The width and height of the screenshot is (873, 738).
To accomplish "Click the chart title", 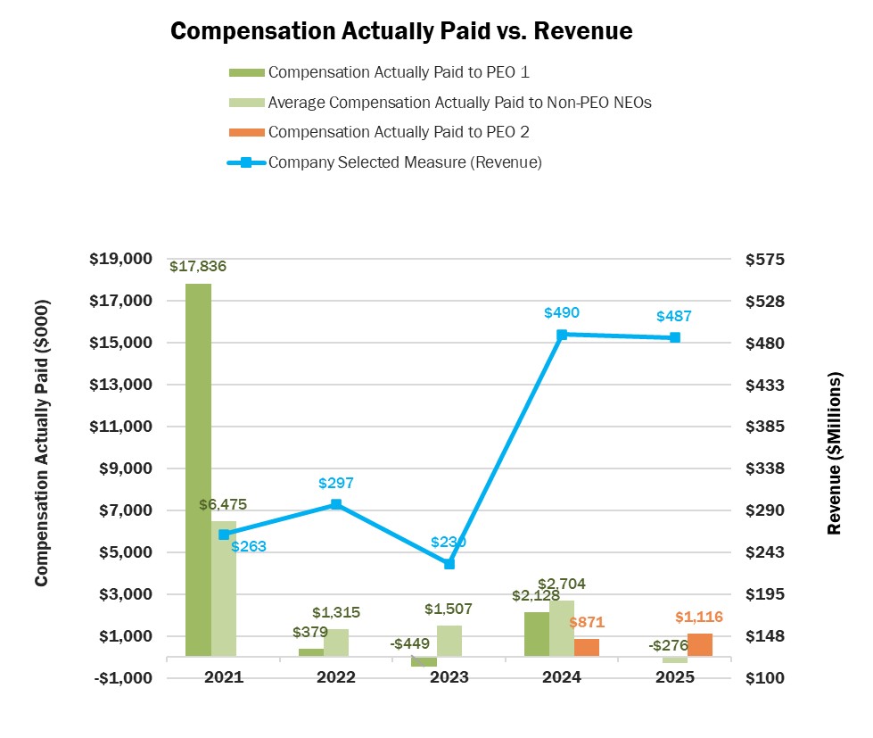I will pyautogui.click(x=400, y=31).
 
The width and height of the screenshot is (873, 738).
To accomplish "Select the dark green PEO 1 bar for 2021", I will pyautogui.click(x=198, y=469).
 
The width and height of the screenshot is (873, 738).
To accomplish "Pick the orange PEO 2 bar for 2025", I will pyautogui.click(x=700, y=645).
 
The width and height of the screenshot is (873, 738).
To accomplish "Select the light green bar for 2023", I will pyautogui.click(x=449, y=641).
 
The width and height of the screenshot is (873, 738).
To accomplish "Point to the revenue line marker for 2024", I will pyautogui.click(x=562, y=335).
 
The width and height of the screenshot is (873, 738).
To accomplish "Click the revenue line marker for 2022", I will pyautogui.click(x=336, y=504).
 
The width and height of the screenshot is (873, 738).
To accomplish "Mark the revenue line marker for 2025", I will pyautogui.click(x=675, y=337).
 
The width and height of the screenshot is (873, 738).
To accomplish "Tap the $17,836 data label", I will pyautogui.click(x=198, y=266).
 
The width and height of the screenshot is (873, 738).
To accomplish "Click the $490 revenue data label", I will pyautogui.click(x=562, y=313).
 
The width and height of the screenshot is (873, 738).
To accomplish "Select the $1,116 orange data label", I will pyautogui.click(x=698, y=617).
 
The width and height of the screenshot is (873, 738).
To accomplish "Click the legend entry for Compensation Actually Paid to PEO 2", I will pyautogui.click(x=399, y=132).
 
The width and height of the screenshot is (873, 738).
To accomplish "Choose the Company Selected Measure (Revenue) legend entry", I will pyautogui.click(x=405, y=162).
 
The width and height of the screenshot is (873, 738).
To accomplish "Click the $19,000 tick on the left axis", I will pyautogui.click(x=121, y=259).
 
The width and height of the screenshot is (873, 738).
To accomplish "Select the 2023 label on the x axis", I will pyautogui.click(x=449, y=677).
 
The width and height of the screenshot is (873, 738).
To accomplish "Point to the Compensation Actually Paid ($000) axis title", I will pyautogui.click(x=41, y=443).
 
